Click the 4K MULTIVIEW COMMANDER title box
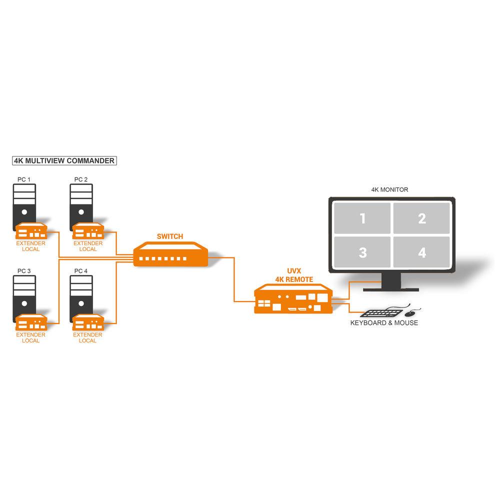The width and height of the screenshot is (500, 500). (x=64, y=161)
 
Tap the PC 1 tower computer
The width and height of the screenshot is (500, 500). (x=24, y=202)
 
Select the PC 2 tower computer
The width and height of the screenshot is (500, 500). (x=81, y=202)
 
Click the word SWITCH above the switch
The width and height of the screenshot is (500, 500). (x=170, y=236)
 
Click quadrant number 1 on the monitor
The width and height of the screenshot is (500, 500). (x=362, y=218)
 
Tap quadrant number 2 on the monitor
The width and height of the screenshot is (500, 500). (x=422, y=218)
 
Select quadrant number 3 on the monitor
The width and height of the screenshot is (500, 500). (x=362, y=252)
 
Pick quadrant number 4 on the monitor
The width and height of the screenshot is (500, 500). (x=422, y=252)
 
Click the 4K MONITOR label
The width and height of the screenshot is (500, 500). (x=389, y=190)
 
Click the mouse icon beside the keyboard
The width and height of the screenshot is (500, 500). (x=410, y=313)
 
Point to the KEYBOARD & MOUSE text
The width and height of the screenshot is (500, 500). (x=384, y=323)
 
